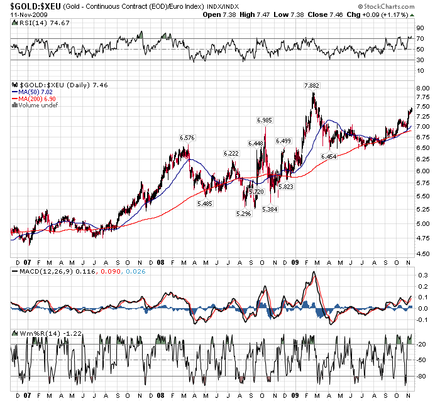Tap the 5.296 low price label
pyautogui.click(x=243, y=214)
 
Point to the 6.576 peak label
pyautogui.click(x=187, y=138)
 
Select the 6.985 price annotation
pyautogui.click(x=264, y=120)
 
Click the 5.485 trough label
pyautogui.click(x=204, y=203)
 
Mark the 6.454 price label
pyautogui.click(x=329, y=156)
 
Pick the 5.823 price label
pyautogui.click(x=286, y=187)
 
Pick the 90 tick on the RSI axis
pyautogui.click(x=418, y=28)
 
